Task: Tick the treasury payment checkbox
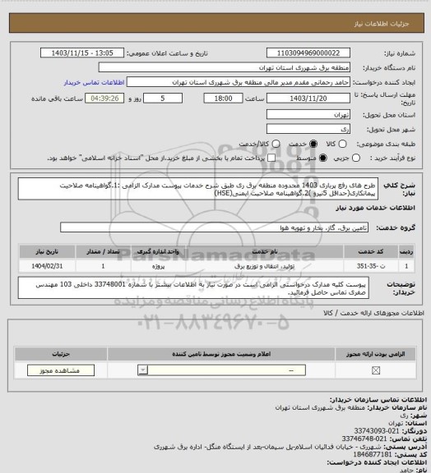[x=239, y=158]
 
